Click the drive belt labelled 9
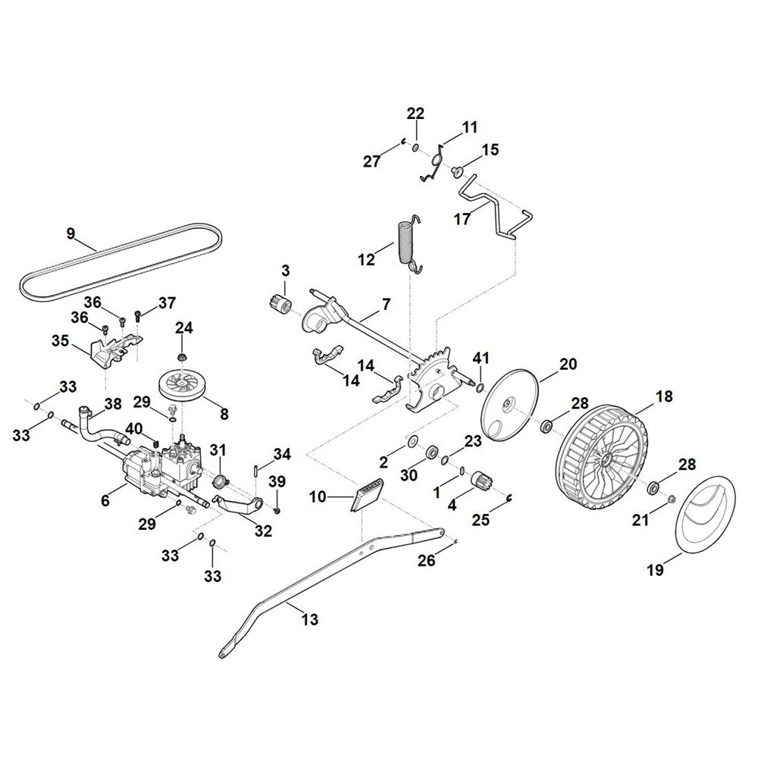[121, 260]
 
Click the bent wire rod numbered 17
[494, 206]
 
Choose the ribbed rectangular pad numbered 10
[366, 495]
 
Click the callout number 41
[481, 359]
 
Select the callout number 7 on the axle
[386, 305]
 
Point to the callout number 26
[427, 560]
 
